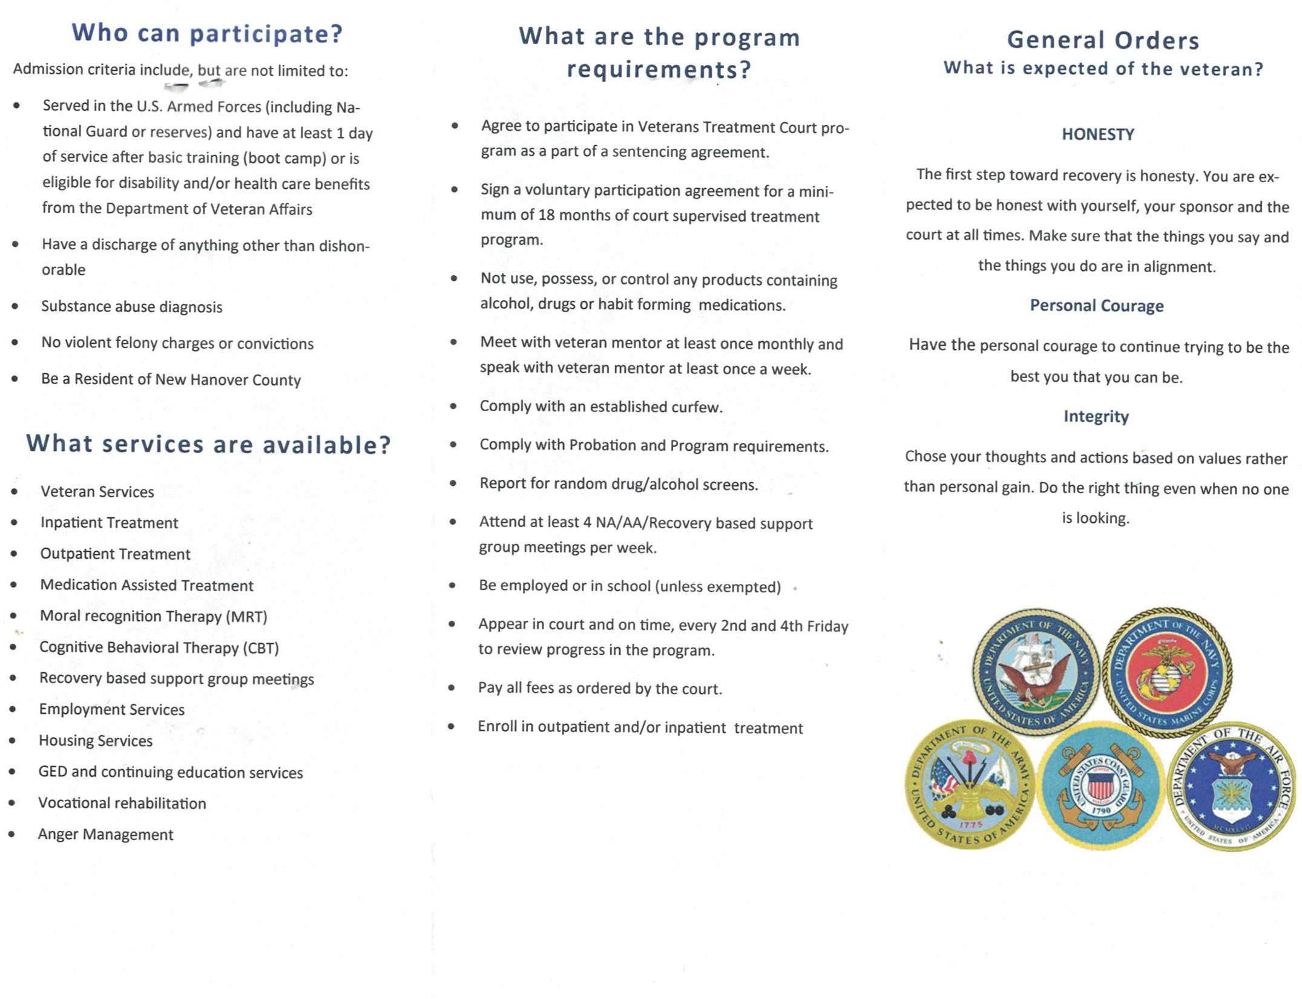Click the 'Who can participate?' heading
click(207, 33)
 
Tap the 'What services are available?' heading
click(208, 445)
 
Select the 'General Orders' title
click(1103, 41)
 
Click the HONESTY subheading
click(1097, 134)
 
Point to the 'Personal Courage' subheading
click(1096, 306)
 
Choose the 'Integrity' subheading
click(1096, 416)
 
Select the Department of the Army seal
click(968, 785)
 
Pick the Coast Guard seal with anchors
click(1100, 785)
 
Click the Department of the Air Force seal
click(1231, 787)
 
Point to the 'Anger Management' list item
click(105, 834)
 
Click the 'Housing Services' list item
click(96, 741)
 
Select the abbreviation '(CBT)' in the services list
click(260, 648)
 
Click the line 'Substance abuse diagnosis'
click(131, 307)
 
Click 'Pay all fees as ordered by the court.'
click(600, 689)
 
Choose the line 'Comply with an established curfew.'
click(601, 407)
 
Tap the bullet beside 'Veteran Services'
click(14, 491)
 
